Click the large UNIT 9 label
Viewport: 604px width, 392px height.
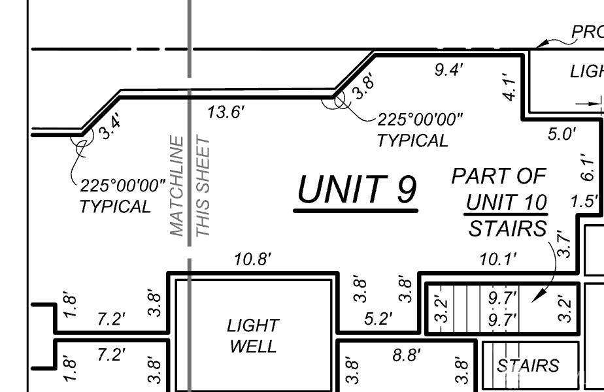tap(357, 189)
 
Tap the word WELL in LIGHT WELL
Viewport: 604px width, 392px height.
tap(253, 346)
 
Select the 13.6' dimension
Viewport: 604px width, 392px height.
tap(226, 112)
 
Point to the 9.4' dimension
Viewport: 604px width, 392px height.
tap(449, 71)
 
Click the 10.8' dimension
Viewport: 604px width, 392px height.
tap(252, 259)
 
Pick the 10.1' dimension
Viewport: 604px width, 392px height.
tap(497, 259)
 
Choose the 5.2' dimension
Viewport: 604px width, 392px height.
tap(378, 319)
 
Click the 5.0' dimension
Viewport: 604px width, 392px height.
tap(562, 134)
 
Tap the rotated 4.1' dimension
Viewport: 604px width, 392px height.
tap(511, 87)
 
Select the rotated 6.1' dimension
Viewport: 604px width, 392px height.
tap(588, 167)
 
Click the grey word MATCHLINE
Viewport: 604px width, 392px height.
tap(176, 186)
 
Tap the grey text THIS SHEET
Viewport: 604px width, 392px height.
tap(203, 187)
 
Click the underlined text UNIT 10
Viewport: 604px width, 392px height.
tap(507, 203)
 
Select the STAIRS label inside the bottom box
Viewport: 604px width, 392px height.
tap(528, 365)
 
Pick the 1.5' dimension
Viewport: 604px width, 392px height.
tap(584, 201)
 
